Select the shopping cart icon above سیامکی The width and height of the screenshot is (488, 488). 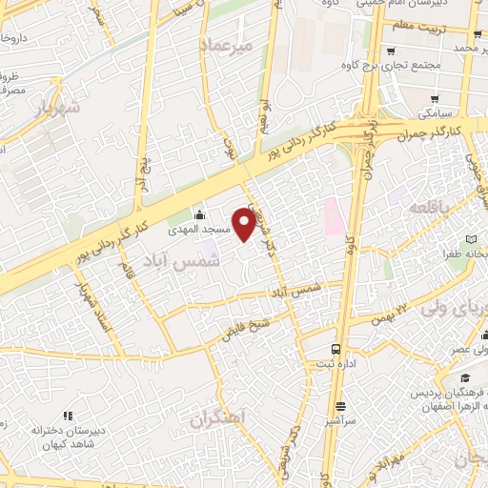pyautogui.click(x=435, y=97)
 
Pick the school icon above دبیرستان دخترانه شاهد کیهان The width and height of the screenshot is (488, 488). pyautogui.click(x=68, y=415)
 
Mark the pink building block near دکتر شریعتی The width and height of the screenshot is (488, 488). pyautogui.click(x=332, y=216)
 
